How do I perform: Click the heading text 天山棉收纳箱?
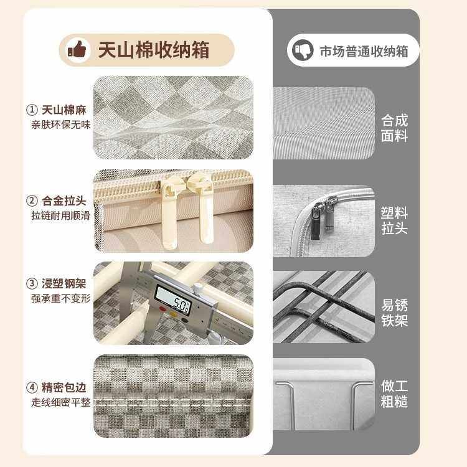pyautogui.click(x=153, y=50)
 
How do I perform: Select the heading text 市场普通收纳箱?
pyautogui.click(x=364, y=51)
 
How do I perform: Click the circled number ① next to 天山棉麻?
pyautogui.click(x=32, y=110)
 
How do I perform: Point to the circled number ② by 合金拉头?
pyautogui.click(x=32, y=201)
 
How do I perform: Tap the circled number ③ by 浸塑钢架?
pyautogui.click(x=32, y=283)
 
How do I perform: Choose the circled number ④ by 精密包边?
pyautogui.click(x=32, y=387)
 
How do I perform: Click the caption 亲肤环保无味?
pyautogui.click(x=61, y=125)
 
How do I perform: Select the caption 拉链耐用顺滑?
pyautogui.click(x=61, y=215)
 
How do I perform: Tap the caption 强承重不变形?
pyautogui.click(x=61, y=298)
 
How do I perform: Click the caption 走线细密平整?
pyautogui.click(x=61, y=402)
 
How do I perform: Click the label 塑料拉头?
pyautogui.click(x=394, y=220)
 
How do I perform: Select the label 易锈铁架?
pyautogui.click(x=394, y=313)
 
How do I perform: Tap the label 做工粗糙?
pyautogui.click(x=394, y=393)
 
